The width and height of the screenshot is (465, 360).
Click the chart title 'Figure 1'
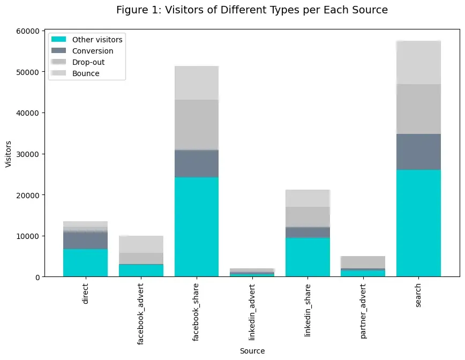pos(251,10)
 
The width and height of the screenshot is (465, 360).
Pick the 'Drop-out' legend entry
pos(88,62)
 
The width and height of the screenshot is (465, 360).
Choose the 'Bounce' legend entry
pos(86,73)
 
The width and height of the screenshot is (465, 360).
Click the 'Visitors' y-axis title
pos(9,154)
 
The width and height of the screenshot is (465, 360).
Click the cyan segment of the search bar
pos(418,223)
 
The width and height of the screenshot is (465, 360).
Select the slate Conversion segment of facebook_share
pos(197,163)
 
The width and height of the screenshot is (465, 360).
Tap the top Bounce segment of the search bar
pos(418,62)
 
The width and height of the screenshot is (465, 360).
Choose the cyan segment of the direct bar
pos(85,262)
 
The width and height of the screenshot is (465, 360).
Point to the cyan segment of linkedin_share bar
pos(307,257)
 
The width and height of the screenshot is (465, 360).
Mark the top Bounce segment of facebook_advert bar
pos(141,244)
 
